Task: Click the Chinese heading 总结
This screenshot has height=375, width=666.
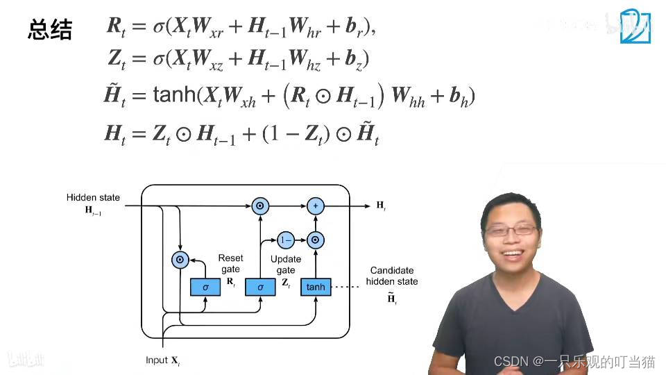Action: [50, 30]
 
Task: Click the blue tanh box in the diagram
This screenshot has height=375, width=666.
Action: [315, 287]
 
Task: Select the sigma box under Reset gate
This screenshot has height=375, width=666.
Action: [205, 287]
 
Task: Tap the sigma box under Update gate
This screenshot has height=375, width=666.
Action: [260, 287]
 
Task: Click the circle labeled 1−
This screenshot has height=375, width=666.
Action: [285, 240]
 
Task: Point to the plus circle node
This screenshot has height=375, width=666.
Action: [315, 206]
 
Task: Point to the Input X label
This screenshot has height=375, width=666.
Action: [162, 360]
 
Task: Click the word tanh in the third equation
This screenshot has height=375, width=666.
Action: [174, 94]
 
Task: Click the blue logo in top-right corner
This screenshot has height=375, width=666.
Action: [635, 27]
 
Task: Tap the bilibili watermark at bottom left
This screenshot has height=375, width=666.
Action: [26, 359]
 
